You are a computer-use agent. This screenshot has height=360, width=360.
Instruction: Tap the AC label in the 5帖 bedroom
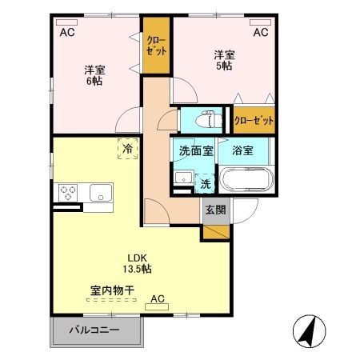pyautogui.click(x=260, y=33)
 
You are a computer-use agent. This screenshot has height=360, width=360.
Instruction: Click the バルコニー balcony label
pyautogui.click(x=94, y=330)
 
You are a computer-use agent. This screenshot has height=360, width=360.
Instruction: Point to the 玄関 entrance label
pyautogui.click(x=214, y=210)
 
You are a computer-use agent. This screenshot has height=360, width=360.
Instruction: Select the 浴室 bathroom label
pyautogui.click(x=242, y=149)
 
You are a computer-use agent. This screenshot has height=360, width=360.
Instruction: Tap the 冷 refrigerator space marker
pyautogui.click(x=126, y=149)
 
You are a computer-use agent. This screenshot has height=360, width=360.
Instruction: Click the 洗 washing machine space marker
pyautogui.click(x=206, y=182)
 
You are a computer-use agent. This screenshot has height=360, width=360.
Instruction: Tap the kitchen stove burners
pyautogui.click(x=68, y=193)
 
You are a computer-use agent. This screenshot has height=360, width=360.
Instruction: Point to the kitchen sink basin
pyautogui.click(x=102, y=192)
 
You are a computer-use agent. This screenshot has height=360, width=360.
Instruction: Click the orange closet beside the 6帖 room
pyautogui.click(x=157, y=46)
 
